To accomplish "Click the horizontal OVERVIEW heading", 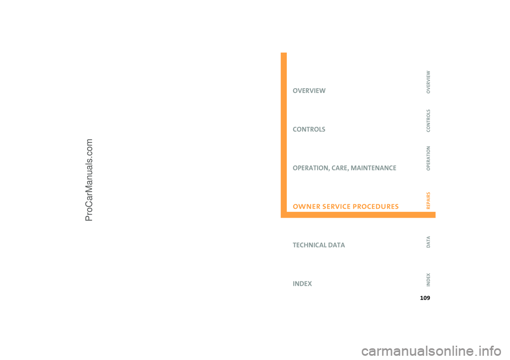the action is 309,91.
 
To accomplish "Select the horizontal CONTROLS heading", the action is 309,130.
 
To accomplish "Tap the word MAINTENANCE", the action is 373,168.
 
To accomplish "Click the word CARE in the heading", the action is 340,168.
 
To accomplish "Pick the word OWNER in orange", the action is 307,207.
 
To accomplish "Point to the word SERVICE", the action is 336,207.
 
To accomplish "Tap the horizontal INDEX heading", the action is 302,284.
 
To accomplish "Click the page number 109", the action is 425,298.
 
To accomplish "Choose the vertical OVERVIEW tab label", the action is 428,82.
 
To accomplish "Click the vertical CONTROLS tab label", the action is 428,121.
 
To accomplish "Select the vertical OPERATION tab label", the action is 428,158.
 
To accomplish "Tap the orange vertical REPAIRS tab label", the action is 428,201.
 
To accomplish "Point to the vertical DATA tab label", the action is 428,242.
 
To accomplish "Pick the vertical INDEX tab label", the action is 428,280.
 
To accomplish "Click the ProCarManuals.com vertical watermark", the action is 89,180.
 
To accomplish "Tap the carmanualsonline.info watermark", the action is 431,351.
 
